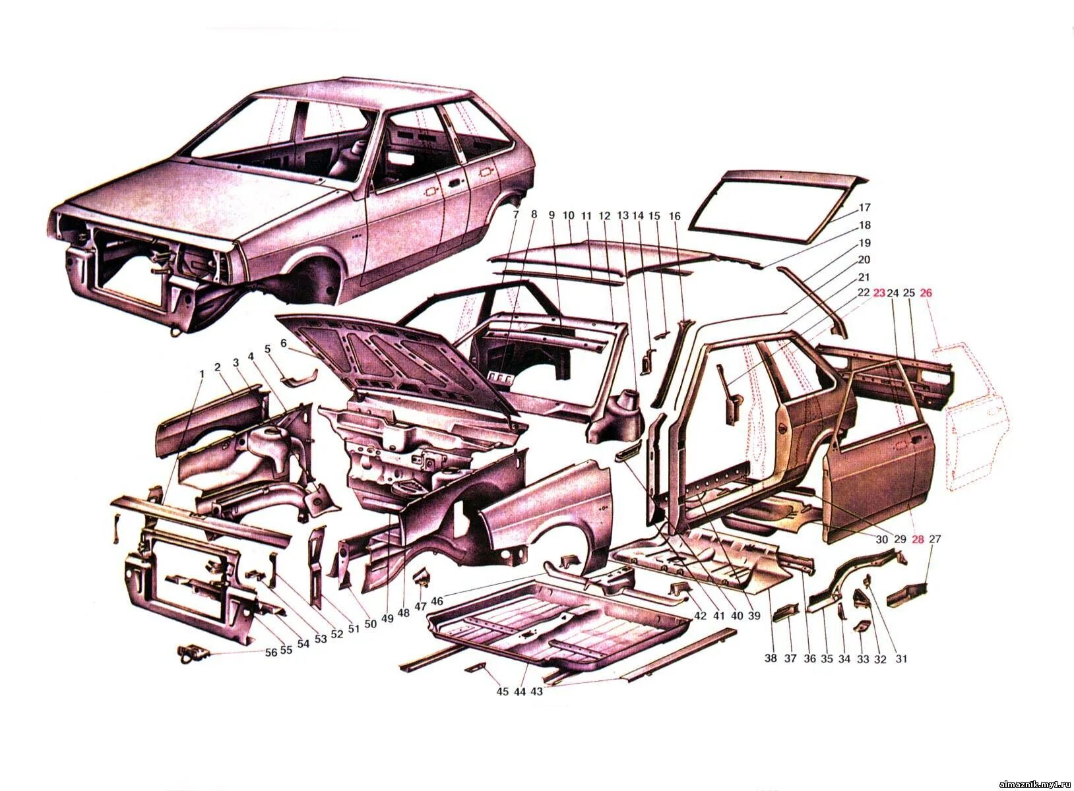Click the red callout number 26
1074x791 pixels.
tap(926, 293)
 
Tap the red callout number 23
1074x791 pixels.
tap(879, 293)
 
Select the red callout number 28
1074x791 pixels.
tap(918, 539)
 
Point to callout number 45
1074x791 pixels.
tap(503, 691)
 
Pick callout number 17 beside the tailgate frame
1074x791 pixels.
tap(865, 208)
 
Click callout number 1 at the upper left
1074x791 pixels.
tap(202, 373)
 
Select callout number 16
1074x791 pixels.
tap(674, 216)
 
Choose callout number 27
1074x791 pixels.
tap(934, 539)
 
